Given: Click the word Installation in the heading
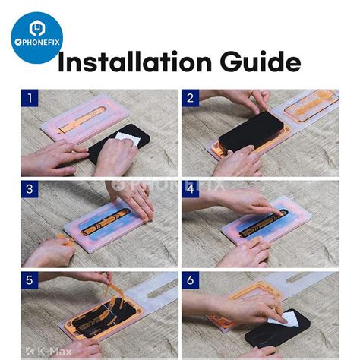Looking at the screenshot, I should click(x=134, y=62).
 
